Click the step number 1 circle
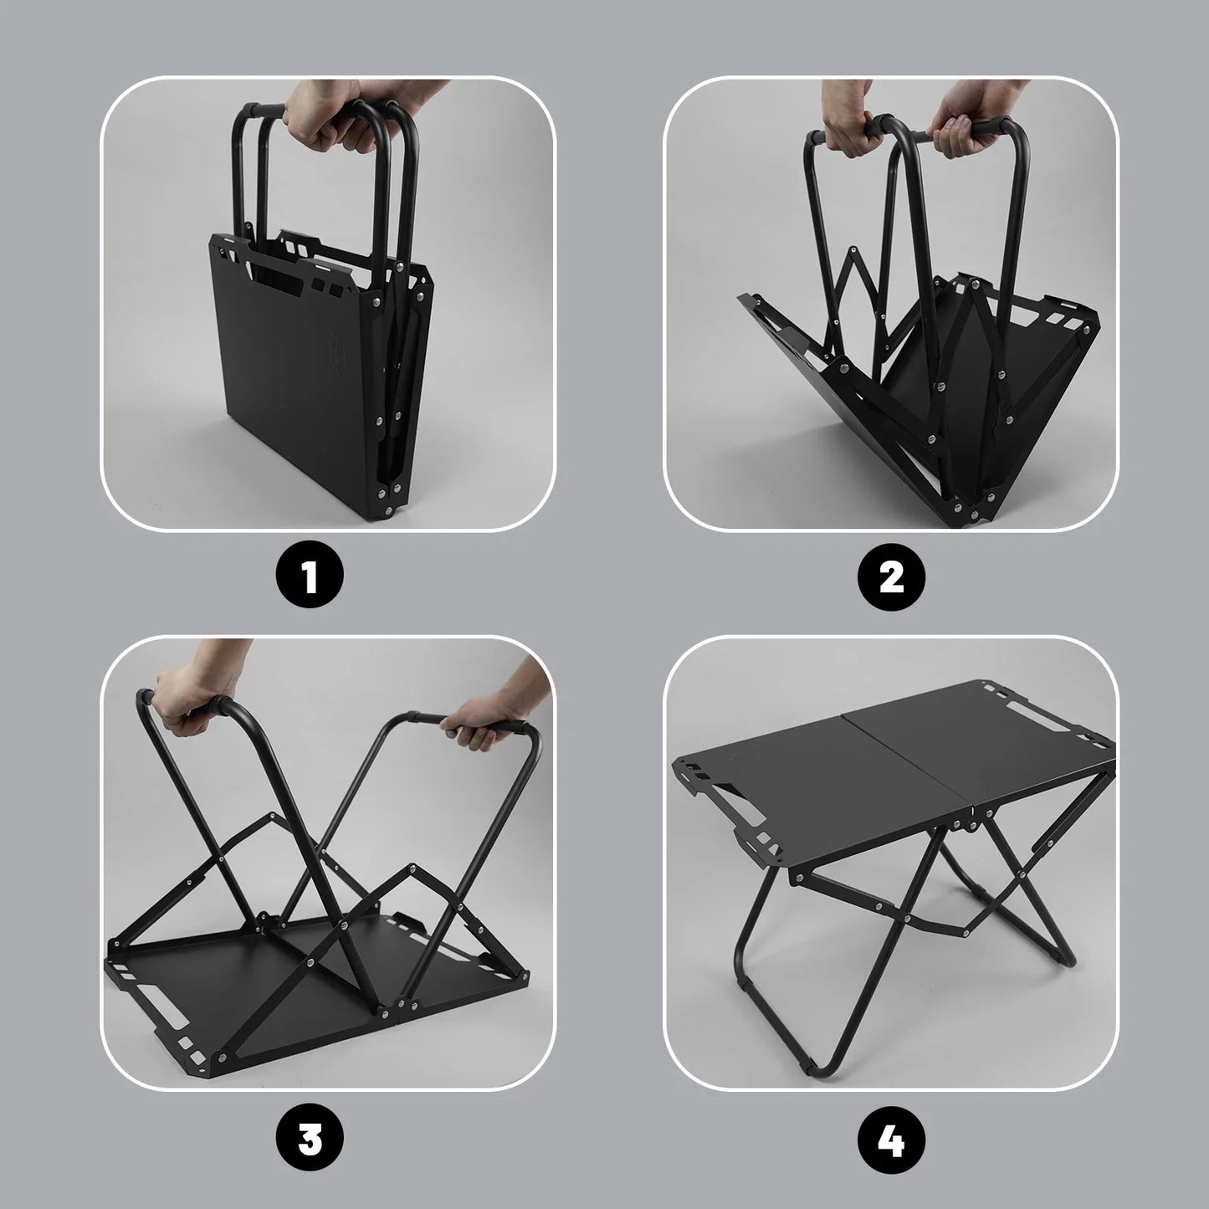click(310, 578)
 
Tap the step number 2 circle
click(892, 578)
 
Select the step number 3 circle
click(310, 1139)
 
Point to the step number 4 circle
click(892, 1139)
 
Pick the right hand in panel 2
click(971, 126)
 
